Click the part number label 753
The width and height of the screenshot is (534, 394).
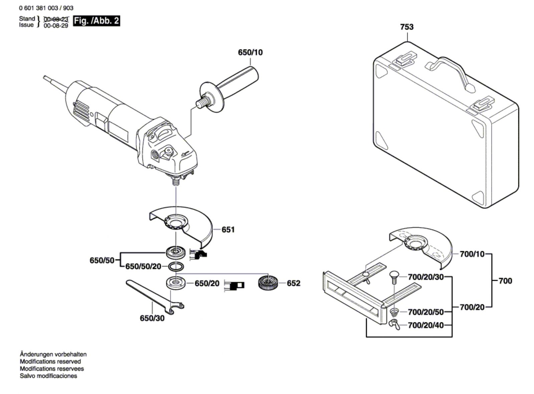pos(407,27)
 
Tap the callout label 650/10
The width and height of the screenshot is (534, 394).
pos(250,52)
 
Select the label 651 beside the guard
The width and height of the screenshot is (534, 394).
pos(228,230)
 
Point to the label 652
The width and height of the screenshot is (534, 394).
pos(293,283)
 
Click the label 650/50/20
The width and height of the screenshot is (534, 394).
pos(143,267)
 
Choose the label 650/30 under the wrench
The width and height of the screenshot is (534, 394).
pos(152,318)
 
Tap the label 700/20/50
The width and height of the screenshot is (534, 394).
pos(426,312)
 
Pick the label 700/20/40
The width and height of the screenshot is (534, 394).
pos(426,325)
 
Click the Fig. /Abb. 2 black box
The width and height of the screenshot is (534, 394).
pos(96,21)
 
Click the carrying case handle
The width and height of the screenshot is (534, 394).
pos(450,72)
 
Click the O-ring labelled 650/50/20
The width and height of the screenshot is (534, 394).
pos(176,267)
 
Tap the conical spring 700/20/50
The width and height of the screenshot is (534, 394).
pos(394,313)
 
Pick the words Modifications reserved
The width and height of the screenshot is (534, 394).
pos(50,361)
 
